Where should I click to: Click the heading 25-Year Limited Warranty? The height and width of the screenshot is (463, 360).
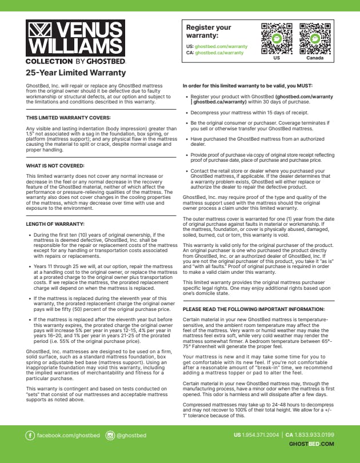coord(76,73)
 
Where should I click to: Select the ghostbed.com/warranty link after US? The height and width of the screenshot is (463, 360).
coord(221,46)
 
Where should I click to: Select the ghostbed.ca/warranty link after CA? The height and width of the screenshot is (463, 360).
coord(219,53)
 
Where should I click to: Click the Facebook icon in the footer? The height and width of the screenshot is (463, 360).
coord(30,436)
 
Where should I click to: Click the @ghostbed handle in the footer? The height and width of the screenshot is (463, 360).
coord(131,436)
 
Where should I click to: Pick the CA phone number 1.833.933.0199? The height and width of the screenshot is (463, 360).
coord(314,435)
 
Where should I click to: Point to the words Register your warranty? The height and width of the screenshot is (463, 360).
coord(209,31)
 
